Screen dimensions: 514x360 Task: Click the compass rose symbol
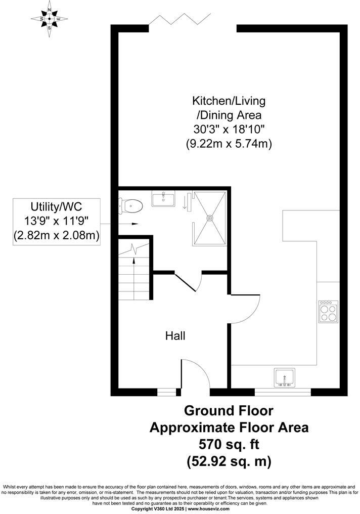click(x=50, y=19)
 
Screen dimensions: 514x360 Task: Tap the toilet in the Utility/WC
click(x=132, y=205)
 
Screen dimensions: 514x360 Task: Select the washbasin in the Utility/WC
click(x=163, y=198)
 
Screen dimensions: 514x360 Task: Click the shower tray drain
click(x=210, y=218)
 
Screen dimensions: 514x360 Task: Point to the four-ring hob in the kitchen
click(x=328, y=311)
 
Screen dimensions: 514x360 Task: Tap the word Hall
click(x=175, y=335)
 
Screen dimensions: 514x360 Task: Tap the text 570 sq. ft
click(x=229, y=444)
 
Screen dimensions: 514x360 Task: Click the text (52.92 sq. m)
click(x=229, y=461)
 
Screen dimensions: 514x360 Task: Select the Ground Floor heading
click(x=229, y=410)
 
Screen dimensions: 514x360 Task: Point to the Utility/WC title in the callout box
click(x=56, y=207)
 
